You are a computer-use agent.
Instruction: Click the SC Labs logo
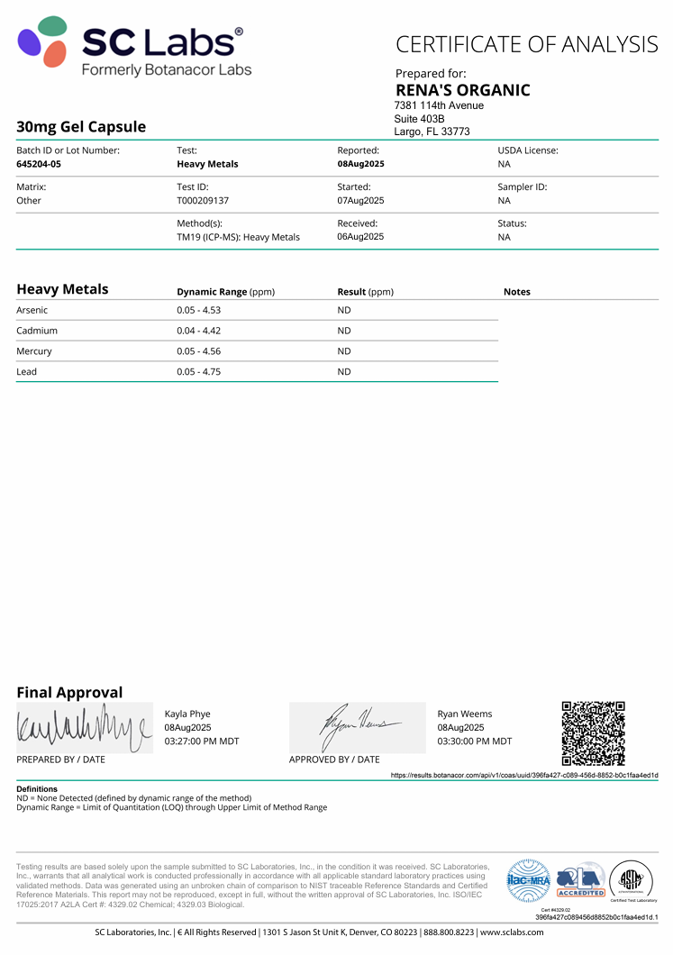click(131, 46)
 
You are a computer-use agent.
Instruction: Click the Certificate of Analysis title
click(527, 43)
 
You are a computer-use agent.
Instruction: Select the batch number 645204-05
click(39, 164)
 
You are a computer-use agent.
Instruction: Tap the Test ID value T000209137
click(204, 200)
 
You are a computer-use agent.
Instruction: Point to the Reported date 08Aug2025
click(360, 164)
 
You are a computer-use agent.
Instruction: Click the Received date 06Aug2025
click(360, 237)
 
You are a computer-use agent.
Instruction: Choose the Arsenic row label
click(32, 310)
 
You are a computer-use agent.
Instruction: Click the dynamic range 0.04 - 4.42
click(199, 331)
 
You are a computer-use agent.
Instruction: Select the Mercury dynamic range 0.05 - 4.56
click(199, 351)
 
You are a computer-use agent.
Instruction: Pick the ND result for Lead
click(344, 371)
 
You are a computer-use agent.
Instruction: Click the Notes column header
click(516, 292)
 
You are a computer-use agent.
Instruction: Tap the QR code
click(593, 732)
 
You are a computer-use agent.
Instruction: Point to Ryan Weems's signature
click(357, 726)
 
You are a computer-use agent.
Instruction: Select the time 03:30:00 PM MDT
click(474, 741)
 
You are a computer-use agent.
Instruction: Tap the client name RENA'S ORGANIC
click(462, 90)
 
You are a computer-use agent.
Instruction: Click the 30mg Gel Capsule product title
click(81, 127)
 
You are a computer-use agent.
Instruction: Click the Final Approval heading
click(69, 692)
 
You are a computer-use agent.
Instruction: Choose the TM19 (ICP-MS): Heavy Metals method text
click(238, 237)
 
